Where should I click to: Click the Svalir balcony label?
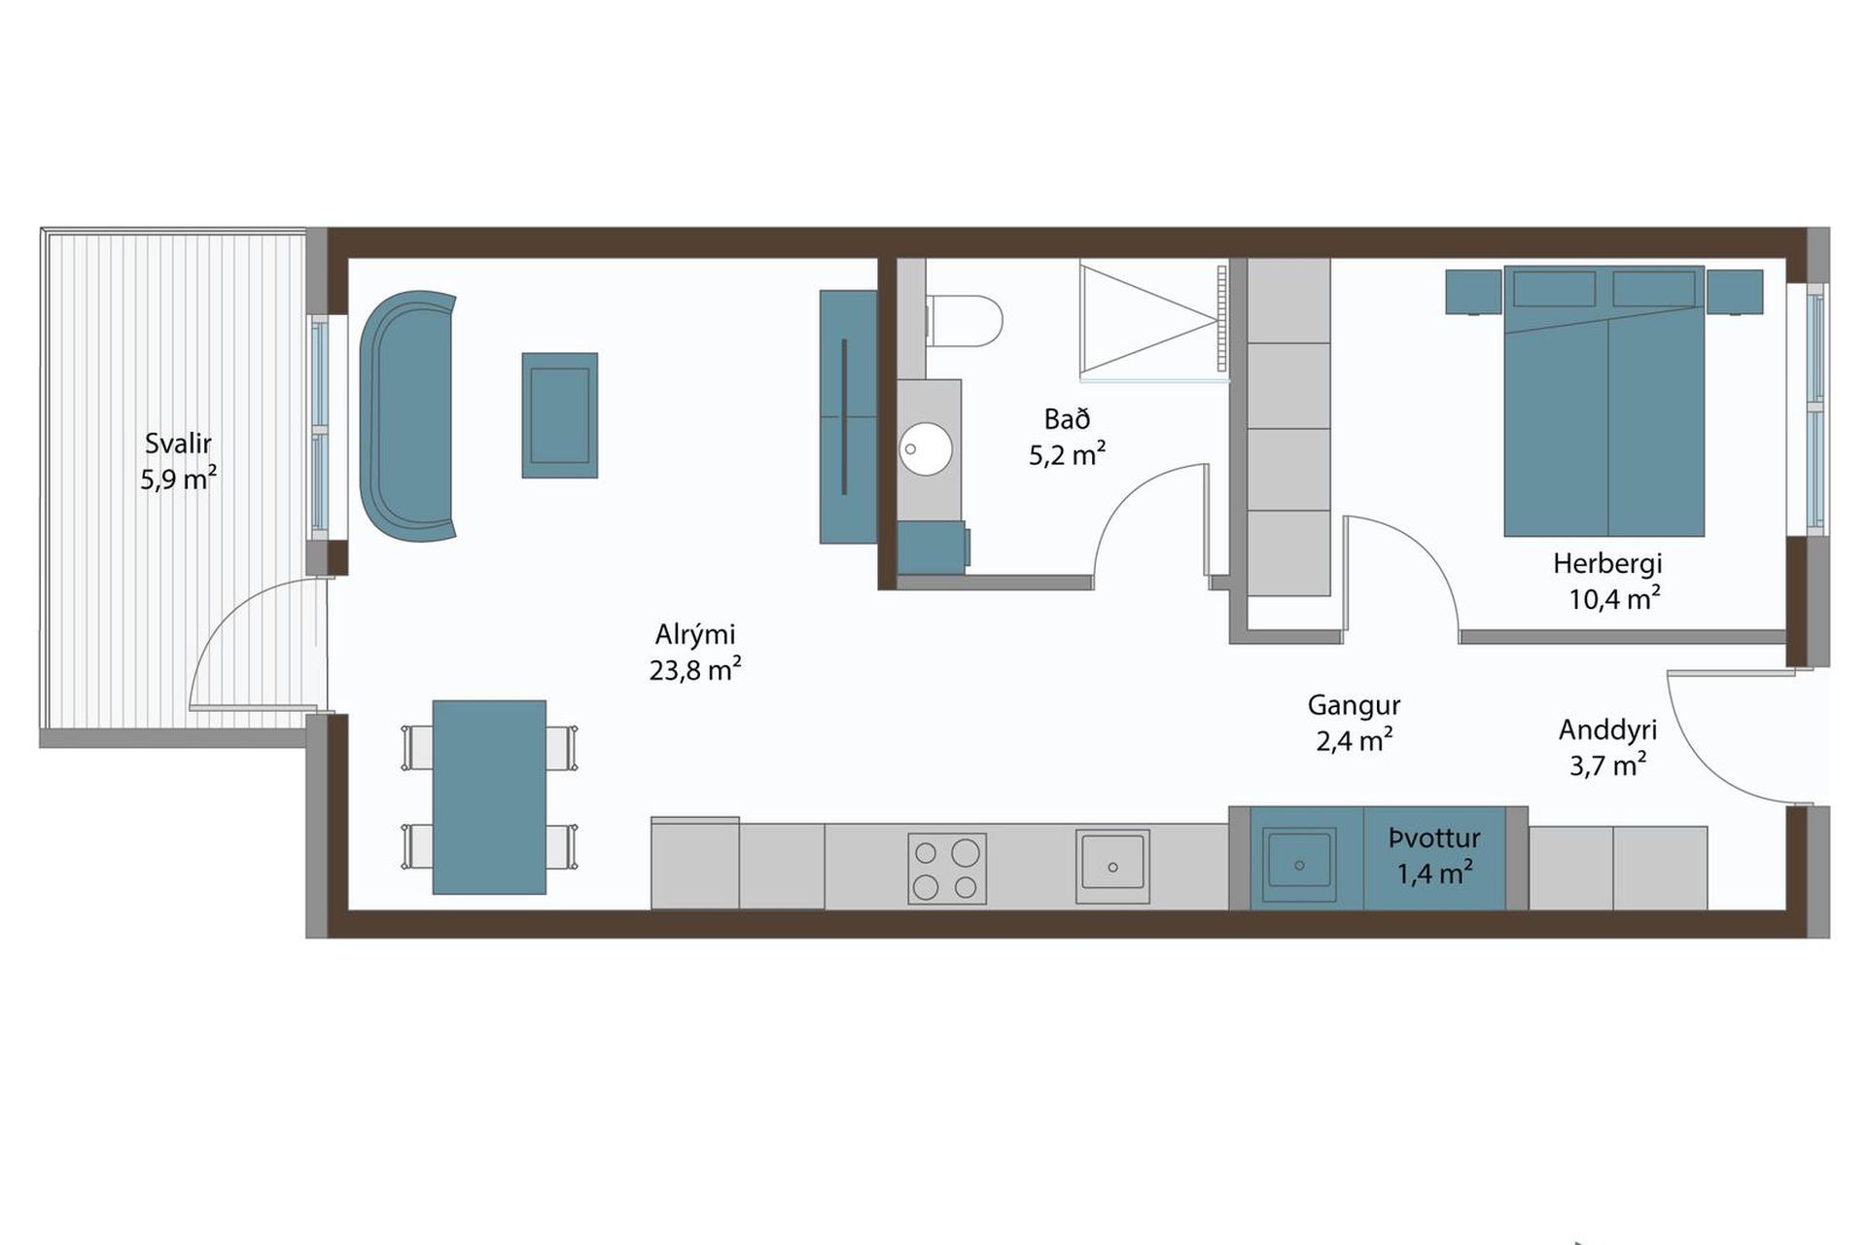coord(178,444)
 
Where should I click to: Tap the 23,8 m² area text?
coord(695,670)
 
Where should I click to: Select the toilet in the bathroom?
coord(964,321)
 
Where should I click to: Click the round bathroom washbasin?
coord(926,448)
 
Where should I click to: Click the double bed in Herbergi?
coord(1604,401)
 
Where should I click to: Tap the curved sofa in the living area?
coord(407,415)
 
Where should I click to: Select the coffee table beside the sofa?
coord(559,415)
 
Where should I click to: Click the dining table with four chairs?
coord(489,797)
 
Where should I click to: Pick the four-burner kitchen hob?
coord(946,870)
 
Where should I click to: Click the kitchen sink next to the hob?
coord(1112,866)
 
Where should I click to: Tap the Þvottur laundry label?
coord(1434,838)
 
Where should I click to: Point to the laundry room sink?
coord(1299,865)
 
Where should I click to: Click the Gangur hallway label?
coord(1354,705)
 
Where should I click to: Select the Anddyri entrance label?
coord(1607,730)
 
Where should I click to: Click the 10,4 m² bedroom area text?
coord(1614,599)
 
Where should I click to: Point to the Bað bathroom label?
coord(1067,419)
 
